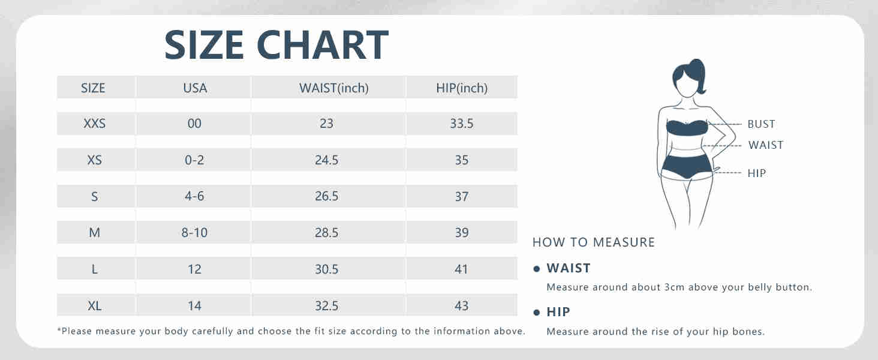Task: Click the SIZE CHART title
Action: click(276, 45)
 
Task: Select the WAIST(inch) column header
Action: click(334, 88)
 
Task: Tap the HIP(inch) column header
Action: click(462, 88)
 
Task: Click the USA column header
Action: click(195, 88)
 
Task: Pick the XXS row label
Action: click(95, 124)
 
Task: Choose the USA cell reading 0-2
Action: click(194, 160)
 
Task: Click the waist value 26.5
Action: click(326, 196)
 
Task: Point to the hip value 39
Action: click(462, 233)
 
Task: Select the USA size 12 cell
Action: click(194, 269)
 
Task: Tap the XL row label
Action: click(95, 305)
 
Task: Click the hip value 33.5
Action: click(462, 124)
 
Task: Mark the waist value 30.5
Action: click(326, 269)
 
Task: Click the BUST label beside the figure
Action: click(761, 124)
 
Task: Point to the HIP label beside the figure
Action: click(756, 173)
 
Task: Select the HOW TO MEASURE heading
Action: click(594, 242)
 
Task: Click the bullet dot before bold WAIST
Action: click(537, 269)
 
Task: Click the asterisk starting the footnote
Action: click(59, 330)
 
